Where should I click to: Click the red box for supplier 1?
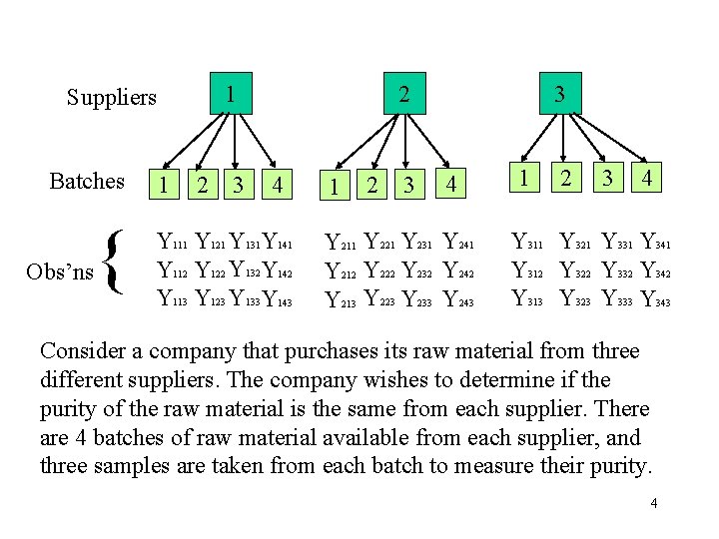click(231, 95)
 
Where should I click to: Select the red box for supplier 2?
click(402, 95)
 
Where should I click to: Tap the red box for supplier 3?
click(560, 95)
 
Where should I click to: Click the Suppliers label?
click(112, 98)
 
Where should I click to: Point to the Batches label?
click(87, 182)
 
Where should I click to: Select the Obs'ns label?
click(60, 271)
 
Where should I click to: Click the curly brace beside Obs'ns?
click(115, 264)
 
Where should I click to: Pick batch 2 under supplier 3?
click(566, 179)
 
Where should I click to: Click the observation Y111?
click(173, 242)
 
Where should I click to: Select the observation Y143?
click(277, 298)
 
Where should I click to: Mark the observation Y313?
click(526, 298)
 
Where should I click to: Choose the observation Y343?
click(654, 298)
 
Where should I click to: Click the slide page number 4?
click(653, 503)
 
